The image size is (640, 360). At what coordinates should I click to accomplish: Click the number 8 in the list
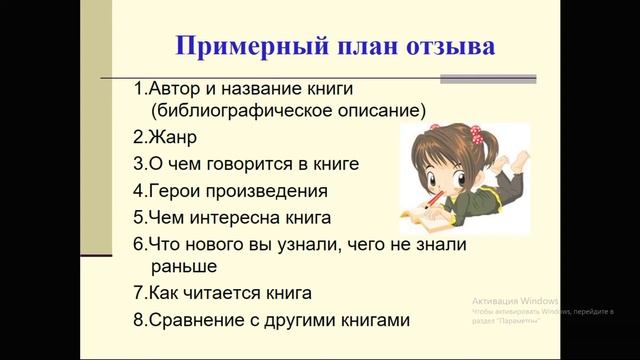tap(138, 321)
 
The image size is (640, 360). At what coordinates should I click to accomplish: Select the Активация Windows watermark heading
tap(516, 300)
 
